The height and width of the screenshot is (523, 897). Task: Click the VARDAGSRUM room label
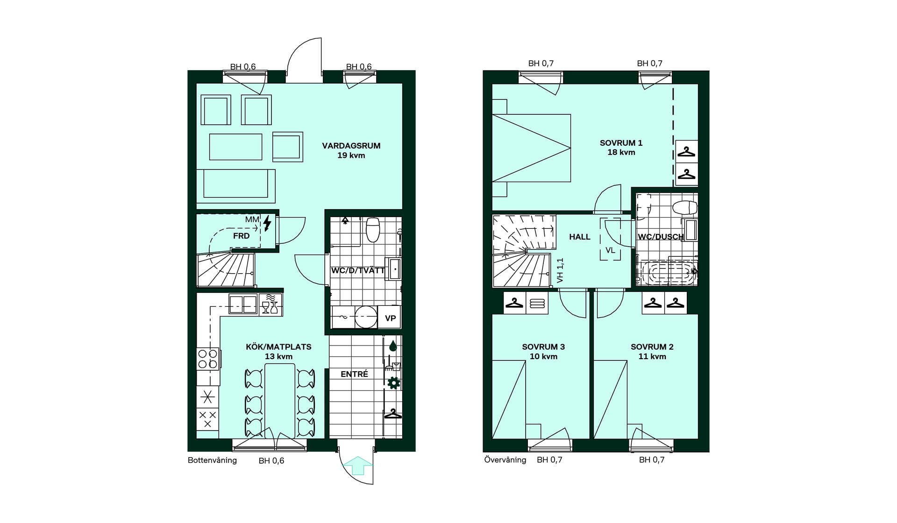coord(351,146)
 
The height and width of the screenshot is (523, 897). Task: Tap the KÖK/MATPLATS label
coord(278,347)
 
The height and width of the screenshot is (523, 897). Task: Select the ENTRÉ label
coord(354,374)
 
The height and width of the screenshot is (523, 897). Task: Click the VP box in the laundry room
coord(390,318)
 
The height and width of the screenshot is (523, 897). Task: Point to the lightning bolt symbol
coord(267,223)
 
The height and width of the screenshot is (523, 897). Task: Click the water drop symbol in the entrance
coord(393,346)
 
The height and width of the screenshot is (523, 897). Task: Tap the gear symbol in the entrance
coord(394,383)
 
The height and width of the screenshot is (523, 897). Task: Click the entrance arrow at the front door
coord(357,465)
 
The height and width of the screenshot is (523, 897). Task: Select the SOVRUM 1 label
coord(621,143)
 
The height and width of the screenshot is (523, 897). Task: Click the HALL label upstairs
coord(580,237)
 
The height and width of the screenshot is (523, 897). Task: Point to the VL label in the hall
coord(610,250)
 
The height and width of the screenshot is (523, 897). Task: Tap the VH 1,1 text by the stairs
coord(560,270)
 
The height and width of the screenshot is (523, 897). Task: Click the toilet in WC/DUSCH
coord(684,207)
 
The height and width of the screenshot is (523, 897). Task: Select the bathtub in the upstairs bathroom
coord(669,273)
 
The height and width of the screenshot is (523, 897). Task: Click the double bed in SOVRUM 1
coord(531,148)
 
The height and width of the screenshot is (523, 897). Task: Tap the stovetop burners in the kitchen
coord(208,359)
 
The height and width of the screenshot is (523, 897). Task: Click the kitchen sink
coord(243,304)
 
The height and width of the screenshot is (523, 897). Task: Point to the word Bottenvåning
coord(212,460)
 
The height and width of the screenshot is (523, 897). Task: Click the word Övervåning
coord(505,460)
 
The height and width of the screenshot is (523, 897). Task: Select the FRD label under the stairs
coord(241,236)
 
